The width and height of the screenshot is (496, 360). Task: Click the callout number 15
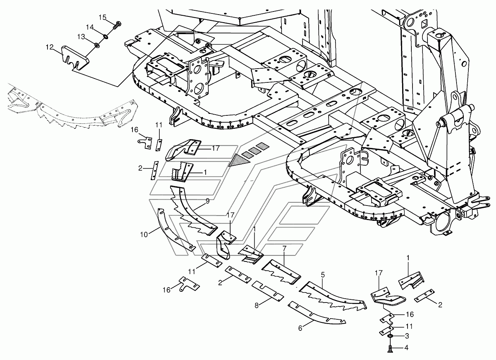coord(103,17)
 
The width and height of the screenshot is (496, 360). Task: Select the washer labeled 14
coord(106,36)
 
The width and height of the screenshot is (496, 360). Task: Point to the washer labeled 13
coord(97,45)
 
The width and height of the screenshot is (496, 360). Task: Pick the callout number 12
coord(50,47)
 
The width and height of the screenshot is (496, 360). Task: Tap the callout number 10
coord(144,235)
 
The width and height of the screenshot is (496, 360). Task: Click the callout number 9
coord(208,201)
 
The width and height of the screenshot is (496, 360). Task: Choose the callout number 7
coord(284,248)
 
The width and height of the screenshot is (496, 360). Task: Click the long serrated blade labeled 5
coord(332,297)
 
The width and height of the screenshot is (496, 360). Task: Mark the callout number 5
coord(323,275)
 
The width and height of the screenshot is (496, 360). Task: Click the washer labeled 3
coord(390,337)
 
